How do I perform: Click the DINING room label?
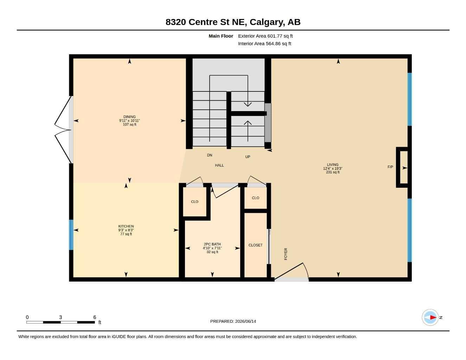[x=129, y=117]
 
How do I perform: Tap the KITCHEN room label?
[x=126, y=226]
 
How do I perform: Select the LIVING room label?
[x=333, y=165]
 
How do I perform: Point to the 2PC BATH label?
[x=212, y=244]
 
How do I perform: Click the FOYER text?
[x=286, y=254]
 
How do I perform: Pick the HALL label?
[x=219, y=165]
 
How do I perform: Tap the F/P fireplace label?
[x=390, y=167]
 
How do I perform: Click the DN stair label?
[x=210, y=155]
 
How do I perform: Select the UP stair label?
[x=248, y=157]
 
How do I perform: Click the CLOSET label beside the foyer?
[x=255, y=245]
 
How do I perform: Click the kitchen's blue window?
[x=71, y=235]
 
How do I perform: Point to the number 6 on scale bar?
[x=95, y=317]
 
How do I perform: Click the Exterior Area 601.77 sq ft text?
[x=265, y=36]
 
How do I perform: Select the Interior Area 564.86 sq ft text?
[x=264, y=44]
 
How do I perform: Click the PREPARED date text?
[x=233, y=321]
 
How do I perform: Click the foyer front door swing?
[x=292, y=271]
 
